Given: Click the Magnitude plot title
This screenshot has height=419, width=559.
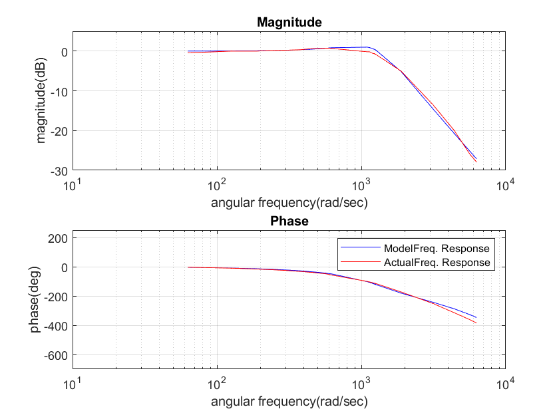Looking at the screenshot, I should coord(289,22).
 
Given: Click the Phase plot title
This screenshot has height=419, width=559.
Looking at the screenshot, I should coord(289,221).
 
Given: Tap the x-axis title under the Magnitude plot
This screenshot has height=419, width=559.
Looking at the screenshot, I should coord(289,202).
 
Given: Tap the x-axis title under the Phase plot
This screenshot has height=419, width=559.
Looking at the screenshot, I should coord(289,402).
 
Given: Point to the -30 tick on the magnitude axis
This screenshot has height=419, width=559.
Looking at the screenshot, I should coord(59,171).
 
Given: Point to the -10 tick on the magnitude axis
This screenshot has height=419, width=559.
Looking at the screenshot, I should coord(59,91).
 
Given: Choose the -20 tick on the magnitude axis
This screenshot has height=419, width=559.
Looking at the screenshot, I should coord(59,131).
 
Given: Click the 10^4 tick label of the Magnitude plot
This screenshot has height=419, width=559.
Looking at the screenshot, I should coord(505,184).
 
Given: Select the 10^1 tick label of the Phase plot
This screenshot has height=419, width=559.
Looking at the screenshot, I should coord(73,383).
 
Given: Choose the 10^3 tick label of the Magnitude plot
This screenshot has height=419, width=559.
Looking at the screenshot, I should coord(361,184).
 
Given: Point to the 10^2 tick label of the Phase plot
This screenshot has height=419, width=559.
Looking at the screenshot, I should coord(217,383).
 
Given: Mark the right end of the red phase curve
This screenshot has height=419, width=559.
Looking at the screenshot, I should coord(476,323).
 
